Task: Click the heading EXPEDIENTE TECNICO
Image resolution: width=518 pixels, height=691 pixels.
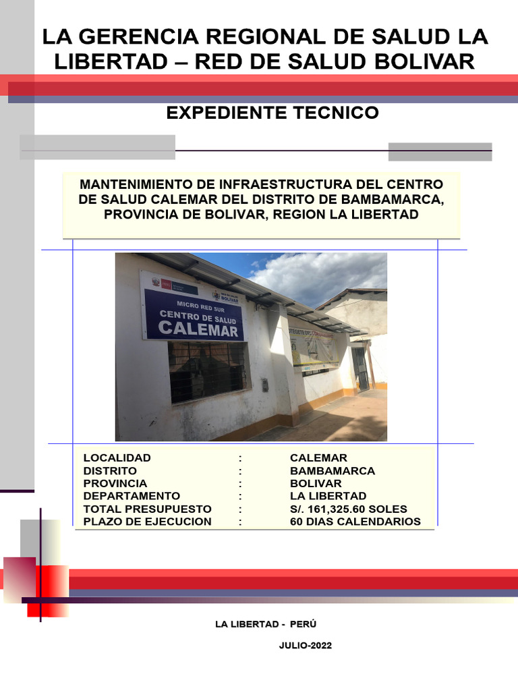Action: click(272, 113)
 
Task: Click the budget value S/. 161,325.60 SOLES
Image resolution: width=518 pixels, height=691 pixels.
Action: click(348, 509)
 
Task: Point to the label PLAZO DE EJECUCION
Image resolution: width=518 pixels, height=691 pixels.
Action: click(147, 522)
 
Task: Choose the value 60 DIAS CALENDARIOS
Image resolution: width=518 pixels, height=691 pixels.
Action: click(355, 522)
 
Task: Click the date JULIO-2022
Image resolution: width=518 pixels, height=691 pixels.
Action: click(305, 646)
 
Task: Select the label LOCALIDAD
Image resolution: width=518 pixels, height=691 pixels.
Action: click(117, 458)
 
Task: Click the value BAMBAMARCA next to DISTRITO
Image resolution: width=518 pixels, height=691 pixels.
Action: click(332, 470)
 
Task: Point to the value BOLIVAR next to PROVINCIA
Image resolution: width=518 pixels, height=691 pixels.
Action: click(316, 483)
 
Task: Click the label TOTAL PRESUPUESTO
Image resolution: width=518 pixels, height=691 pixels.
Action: click(147, 509)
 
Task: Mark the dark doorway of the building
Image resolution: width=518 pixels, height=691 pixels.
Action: click(360, 368)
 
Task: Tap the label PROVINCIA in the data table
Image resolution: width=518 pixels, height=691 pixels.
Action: click(115, 483)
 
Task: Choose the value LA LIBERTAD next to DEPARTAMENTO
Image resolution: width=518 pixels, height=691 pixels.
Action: click(328, 496)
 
